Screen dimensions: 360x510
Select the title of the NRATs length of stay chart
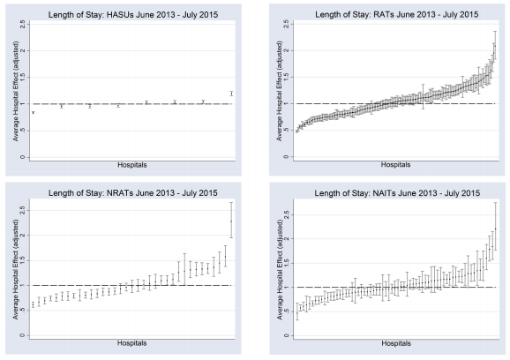[x=131, y=190]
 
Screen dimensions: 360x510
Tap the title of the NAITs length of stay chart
[x=388, y=190]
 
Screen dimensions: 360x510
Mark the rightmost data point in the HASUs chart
[x=231, y=94]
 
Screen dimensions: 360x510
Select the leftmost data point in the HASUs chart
[x=34, y=112]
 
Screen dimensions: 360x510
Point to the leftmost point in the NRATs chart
[x=34, y=305]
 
